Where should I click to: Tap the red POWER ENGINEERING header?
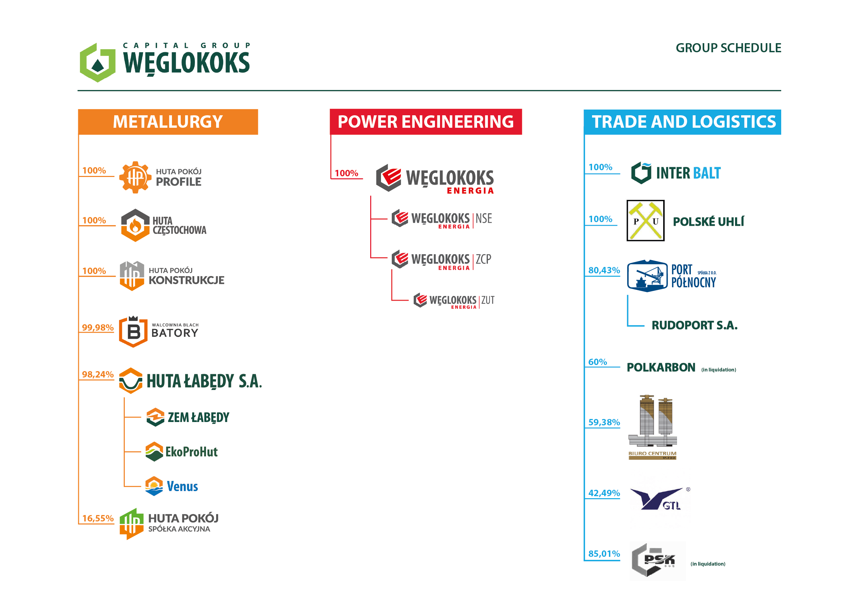pyautogui.click(x=425, y=122)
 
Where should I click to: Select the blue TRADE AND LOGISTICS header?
pyautogui.click(x=682, y=122)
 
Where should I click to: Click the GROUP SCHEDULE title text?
pyautogui.click(x=728, y=48)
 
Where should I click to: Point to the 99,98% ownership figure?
pyautogui.click(x=97, y=328)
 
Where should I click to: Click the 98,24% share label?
pyautogui.click(x=97, y=374)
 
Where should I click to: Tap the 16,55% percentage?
pyautogui.click(x=97, y=518)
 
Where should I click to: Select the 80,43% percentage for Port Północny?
pyautogui.click(x=604, y=270)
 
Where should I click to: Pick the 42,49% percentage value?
pyautogui.click(x=604, y=493)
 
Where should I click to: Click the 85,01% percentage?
pyautogui.click(x=604, y=554)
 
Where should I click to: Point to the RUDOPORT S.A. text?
pyautogui.click(x=694, y=325)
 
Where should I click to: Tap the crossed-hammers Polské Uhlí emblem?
pyautogui.click(x=645, y=221)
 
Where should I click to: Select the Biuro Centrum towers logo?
pyautogui.click(x=652, y=427)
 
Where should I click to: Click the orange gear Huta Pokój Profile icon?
pyautogui.click(x=135, y=177)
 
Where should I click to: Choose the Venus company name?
pyautogui.click(x=182, y=486)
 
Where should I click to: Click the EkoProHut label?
pyautogui.click(x=192, y=452)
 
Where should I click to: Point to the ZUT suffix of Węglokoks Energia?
pyautogui.click(x=488, y=300)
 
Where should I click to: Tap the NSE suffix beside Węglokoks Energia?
pyautogui.click(x=484, y=218)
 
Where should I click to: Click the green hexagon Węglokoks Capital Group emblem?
pyautogui.click(x=97, y=62)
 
